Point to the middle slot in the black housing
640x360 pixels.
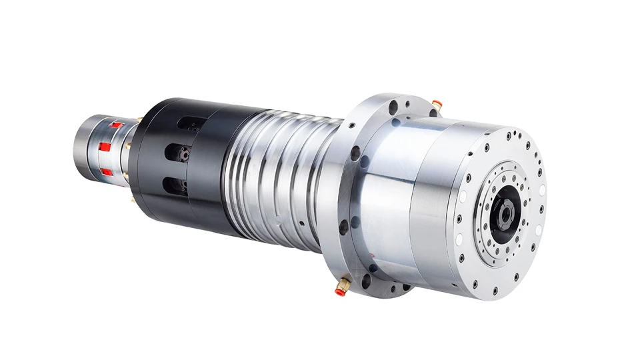pos(178,153)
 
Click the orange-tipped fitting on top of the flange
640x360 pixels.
pos(437,103)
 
